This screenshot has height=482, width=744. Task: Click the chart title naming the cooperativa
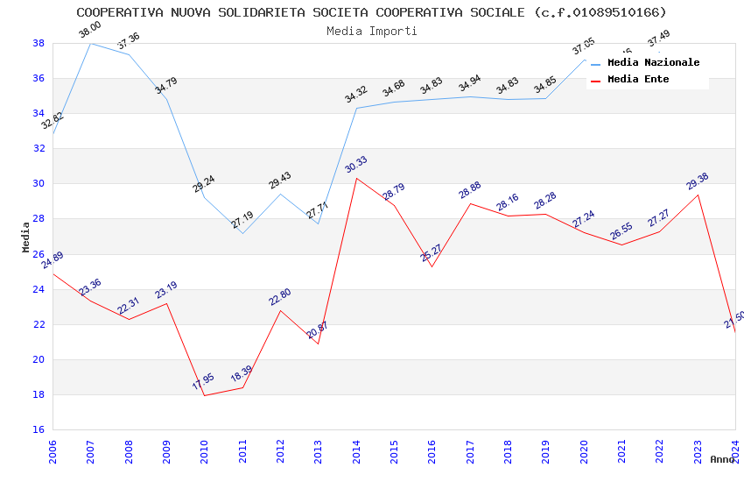[x=371, y=12]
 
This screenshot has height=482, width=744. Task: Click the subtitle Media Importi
[x=371, y=31]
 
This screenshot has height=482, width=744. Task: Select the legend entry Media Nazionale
[x=653, y=63]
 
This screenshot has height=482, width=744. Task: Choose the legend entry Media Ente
[x=638, y=80]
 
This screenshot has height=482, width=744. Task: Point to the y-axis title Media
[x=25, y=237]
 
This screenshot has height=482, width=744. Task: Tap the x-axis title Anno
[x=722, y=459]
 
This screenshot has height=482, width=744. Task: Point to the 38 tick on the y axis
[x=39, y=43]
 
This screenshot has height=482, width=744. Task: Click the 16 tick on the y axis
[x=39, y=429]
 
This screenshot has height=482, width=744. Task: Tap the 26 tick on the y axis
[x=39, y=254]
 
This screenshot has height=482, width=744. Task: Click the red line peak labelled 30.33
[x=356, y=178]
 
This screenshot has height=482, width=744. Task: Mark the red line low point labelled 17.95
[x=205, y=395]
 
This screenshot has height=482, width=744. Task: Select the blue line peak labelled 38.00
[x=91, y=43]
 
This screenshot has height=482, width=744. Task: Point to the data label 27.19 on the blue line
[x=242, y=220]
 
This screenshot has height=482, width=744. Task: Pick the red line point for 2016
[x=432, y=266]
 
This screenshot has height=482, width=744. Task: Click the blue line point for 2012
[x=280, y=194]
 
